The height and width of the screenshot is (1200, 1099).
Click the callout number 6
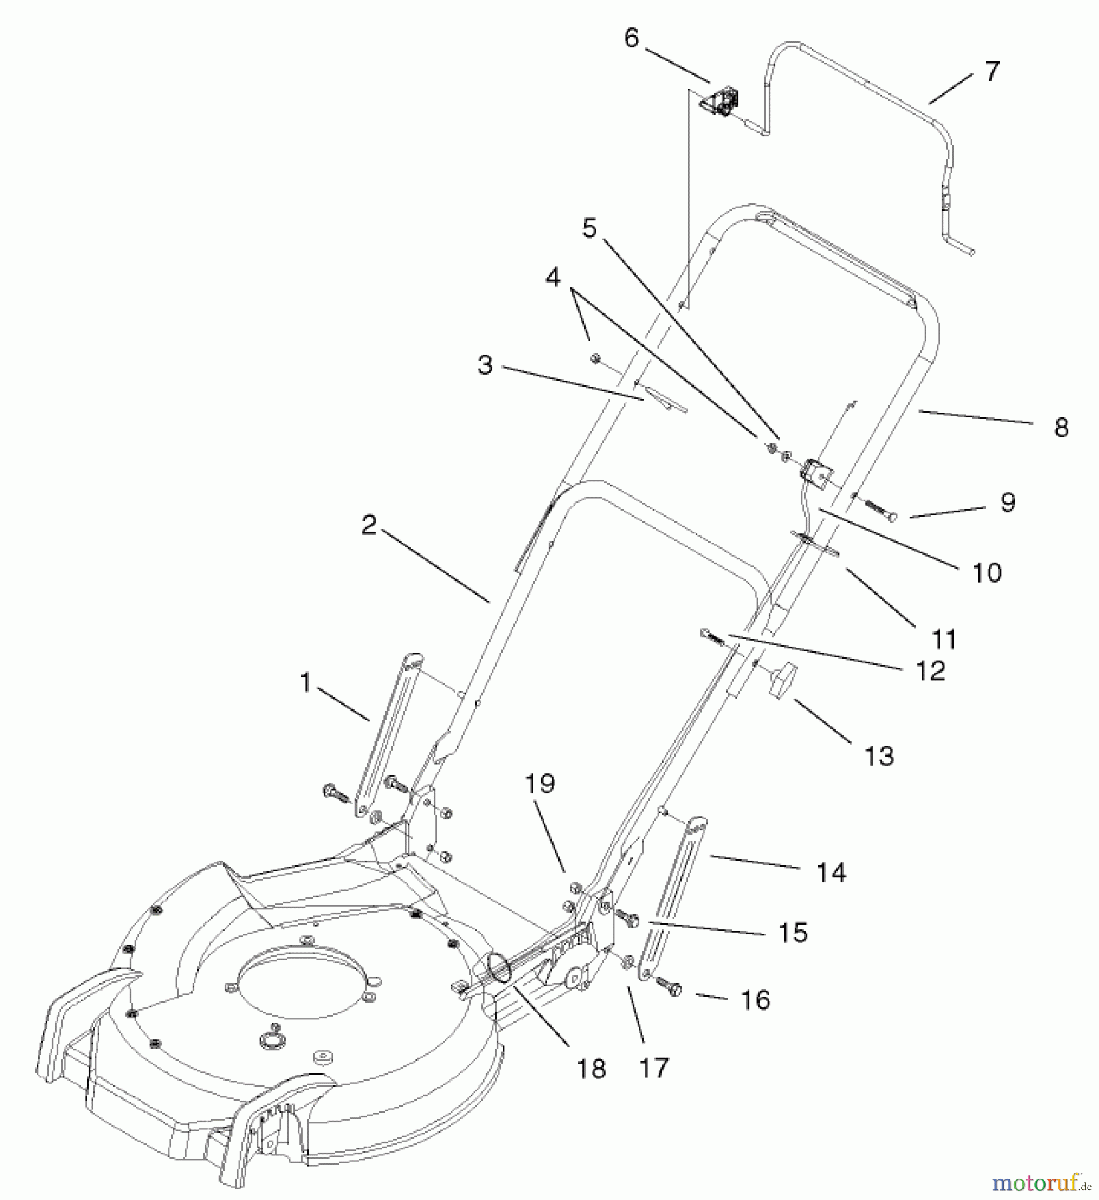click(631, 39)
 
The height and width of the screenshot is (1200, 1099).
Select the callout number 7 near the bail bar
click(992, 71)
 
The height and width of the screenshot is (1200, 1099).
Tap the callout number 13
click(879, 756)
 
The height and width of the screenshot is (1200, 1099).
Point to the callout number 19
click(540, 784)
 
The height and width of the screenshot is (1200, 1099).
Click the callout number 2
click(369, 525)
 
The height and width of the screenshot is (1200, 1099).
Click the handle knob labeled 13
click(784, 680)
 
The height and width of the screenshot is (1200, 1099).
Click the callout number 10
click(987, 572)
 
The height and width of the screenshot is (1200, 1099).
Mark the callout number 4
click(554, 278)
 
